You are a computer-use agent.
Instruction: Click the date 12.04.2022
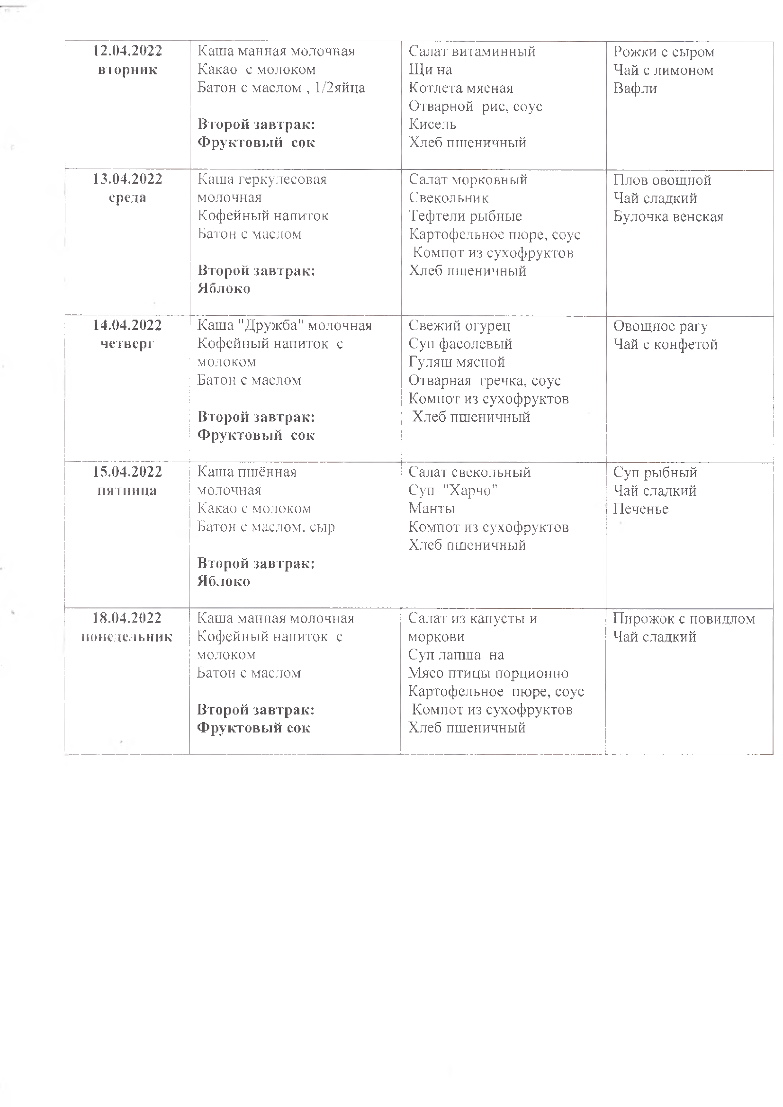(x=127, y=51)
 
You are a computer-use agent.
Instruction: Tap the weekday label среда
(x=127, y=198)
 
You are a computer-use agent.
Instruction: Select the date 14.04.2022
(x=127, y=325)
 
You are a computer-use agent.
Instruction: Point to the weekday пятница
(x=127, y=491)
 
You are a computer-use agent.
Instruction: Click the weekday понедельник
(x=127, y=637)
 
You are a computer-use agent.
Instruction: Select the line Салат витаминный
(x=472, y=52)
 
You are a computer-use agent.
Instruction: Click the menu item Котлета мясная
(x=461, y=88)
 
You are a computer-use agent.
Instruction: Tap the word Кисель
(x=432, y=125)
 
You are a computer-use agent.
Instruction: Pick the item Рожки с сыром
(x=663, y=52)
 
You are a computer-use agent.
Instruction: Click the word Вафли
(x=635, y=89)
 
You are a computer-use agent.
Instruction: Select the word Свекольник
(x=449, y=198)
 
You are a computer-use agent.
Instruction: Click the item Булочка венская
(x=668, y=216)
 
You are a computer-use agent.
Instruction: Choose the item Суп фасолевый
(x=460, y=344)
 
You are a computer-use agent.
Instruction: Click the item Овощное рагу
(x=660, y=326)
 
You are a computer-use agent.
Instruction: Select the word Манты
(x=432, y=509)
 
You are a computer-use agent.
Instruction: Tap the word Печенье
(x=641, y=509)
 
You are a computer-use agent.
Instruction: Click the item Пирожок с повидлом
(x=684, y=618)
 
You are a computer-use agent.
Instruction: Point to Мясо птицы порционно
(x=488, y=674)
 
